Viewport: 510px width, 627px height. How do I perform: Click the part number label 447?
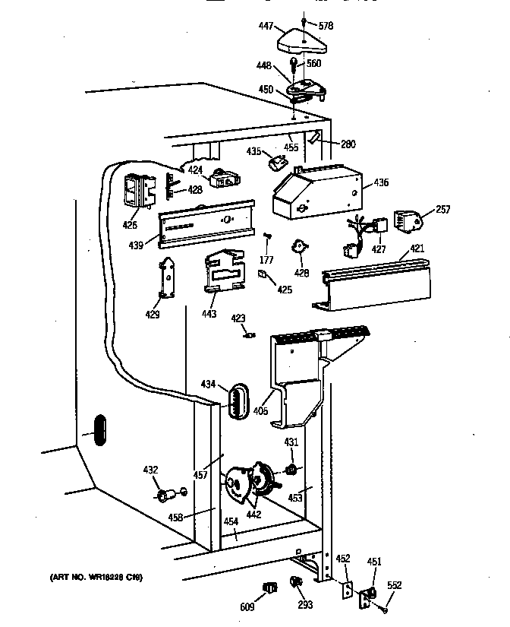click(x=266, y=27)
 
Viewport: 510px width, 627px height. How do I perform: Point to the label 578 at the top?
click(x=325, y=27)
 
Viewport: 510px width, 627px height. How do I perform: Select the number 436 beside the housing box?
click(x=380, y=183)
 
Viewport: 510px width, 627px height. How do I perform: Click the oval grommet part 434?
click(x=238, y=401)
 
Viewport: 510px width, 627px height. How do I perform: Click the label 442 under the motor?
click(x=253, y=515)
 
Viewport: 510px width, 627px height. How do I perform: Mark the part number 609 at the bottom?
click(x=247, y=608)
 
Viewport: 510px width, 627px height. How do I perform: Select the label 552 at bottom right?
click(x=395, y=586)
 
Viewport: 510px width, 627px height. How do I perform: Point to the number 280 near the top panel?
click(x=348, y=144)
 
